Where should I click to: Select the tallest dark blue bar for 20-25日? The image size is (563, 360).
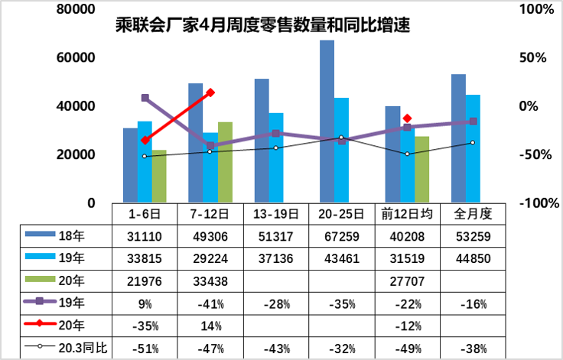point(327,122)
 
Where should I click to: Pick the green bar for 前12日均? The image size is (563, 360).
point(421,169)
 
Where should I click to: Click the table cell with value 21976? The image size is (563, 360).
point(145,281)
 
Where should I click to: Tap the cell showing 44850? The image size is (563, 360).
point(472,258)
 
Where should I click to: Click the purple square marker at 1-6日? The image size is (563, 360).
point(145,98)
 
